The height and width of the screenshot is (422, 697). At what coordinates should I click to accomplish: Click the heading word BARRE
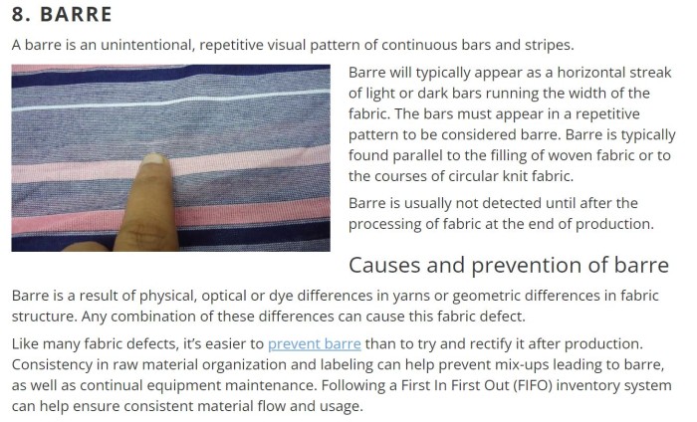[76, 14]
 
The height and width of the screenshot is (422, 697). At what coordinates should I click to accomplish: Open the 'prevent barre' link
[315, 343]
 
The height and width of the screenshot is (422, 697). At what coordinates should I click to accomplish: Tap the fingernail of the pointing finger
[155, 159]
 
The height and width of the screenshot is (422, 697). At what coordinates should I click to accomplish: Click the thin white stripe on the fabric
[170, 101]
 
